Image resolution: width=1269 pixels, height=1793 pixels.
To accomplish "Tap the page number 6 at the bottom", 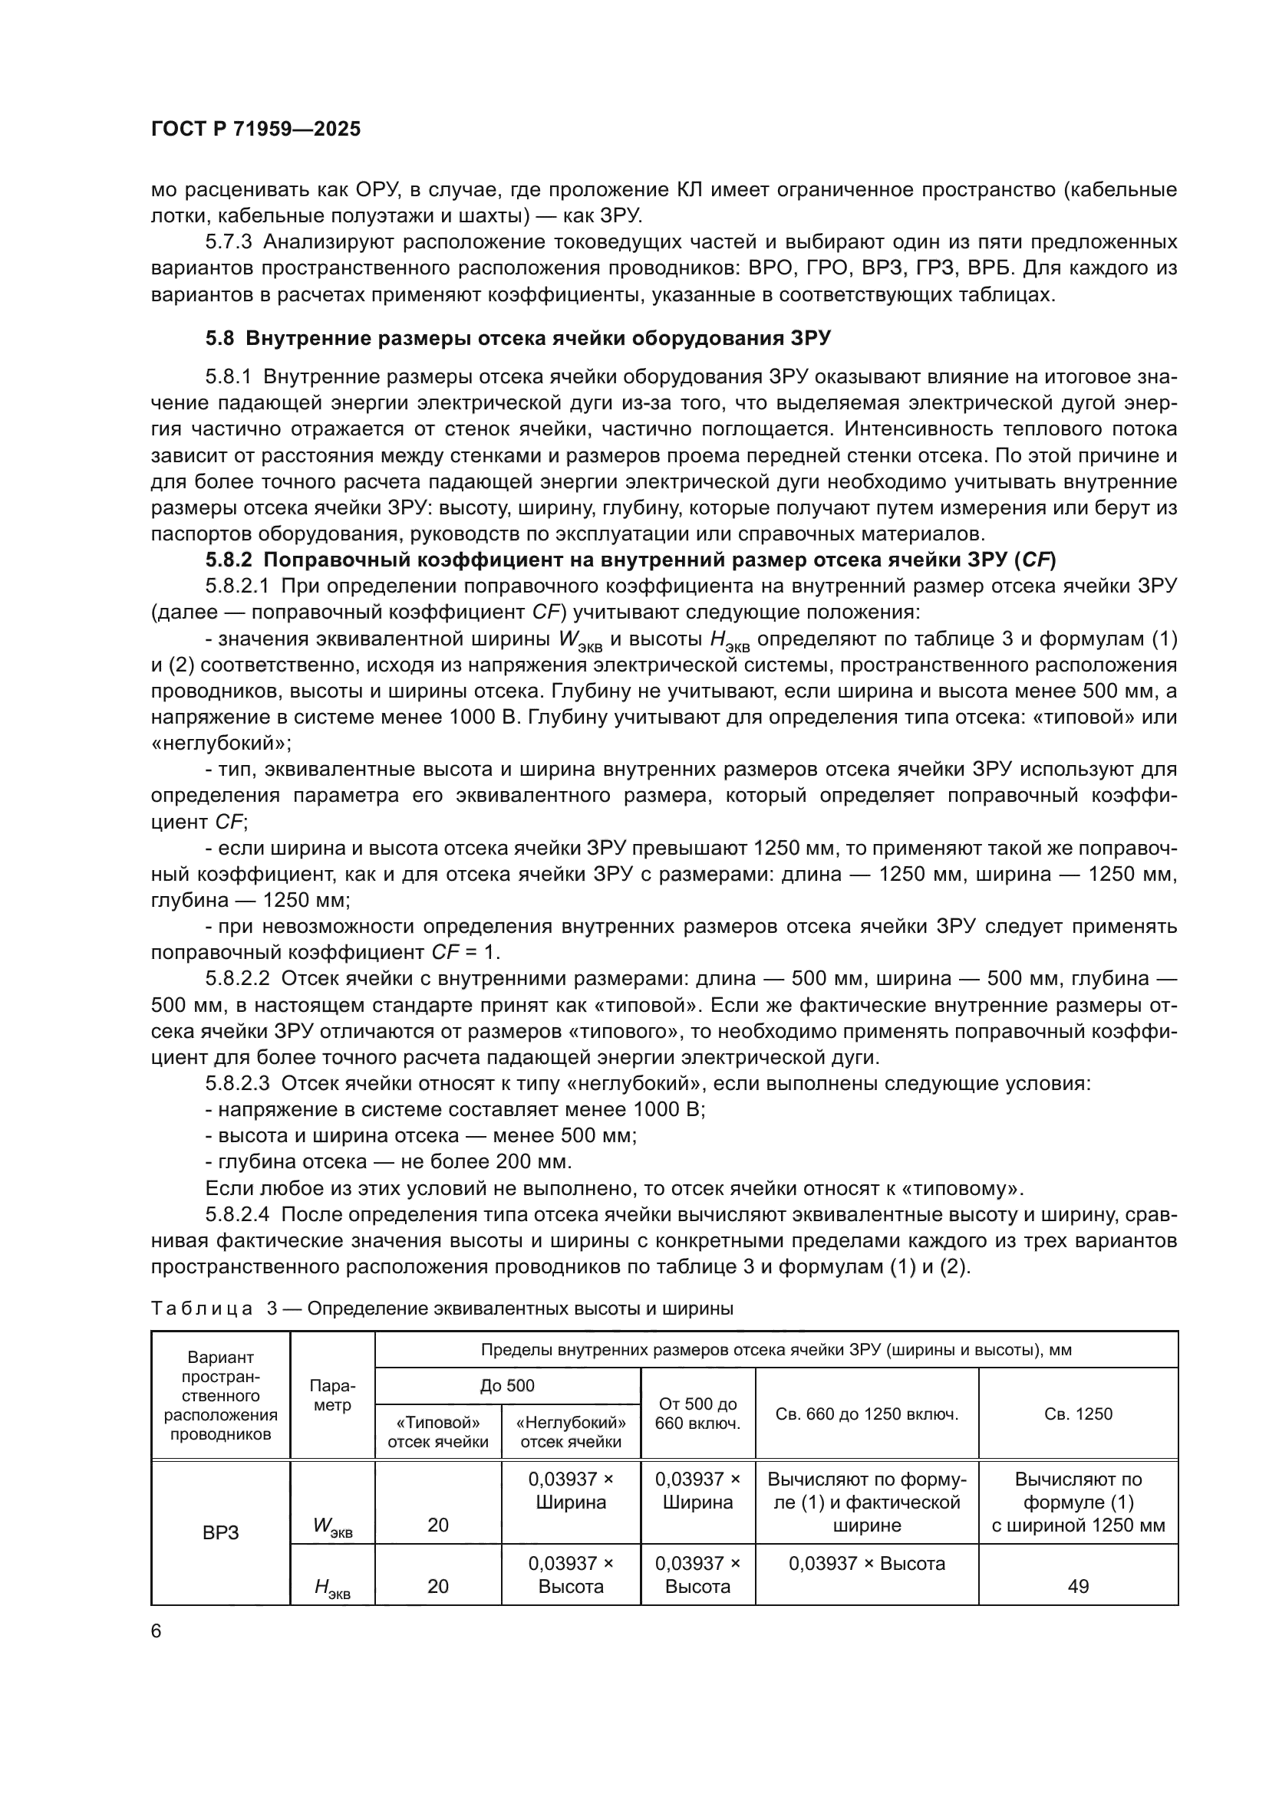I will [x=157, y=1630].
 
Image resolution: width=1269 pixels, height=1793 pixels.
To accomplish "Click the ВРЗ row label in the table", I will [x=220, y=1533].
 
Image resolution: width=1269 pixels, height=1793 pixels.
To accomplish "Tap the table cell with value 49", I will [x=1077, y=1586].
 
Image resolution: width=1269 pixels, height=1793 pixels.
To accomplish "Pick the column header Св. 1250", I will [x=1077, y=1414].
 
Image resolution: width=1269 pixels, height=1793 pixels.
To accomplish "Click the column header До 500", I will [x=507, y=1385].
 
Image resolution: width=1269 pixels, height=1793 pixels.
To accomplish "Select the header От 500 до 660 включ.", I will [x=697, y=1414].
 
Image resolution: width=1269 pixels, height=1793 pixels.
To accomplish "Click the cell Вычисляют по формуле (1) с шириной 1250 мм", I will [x=1077, y=1502].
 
